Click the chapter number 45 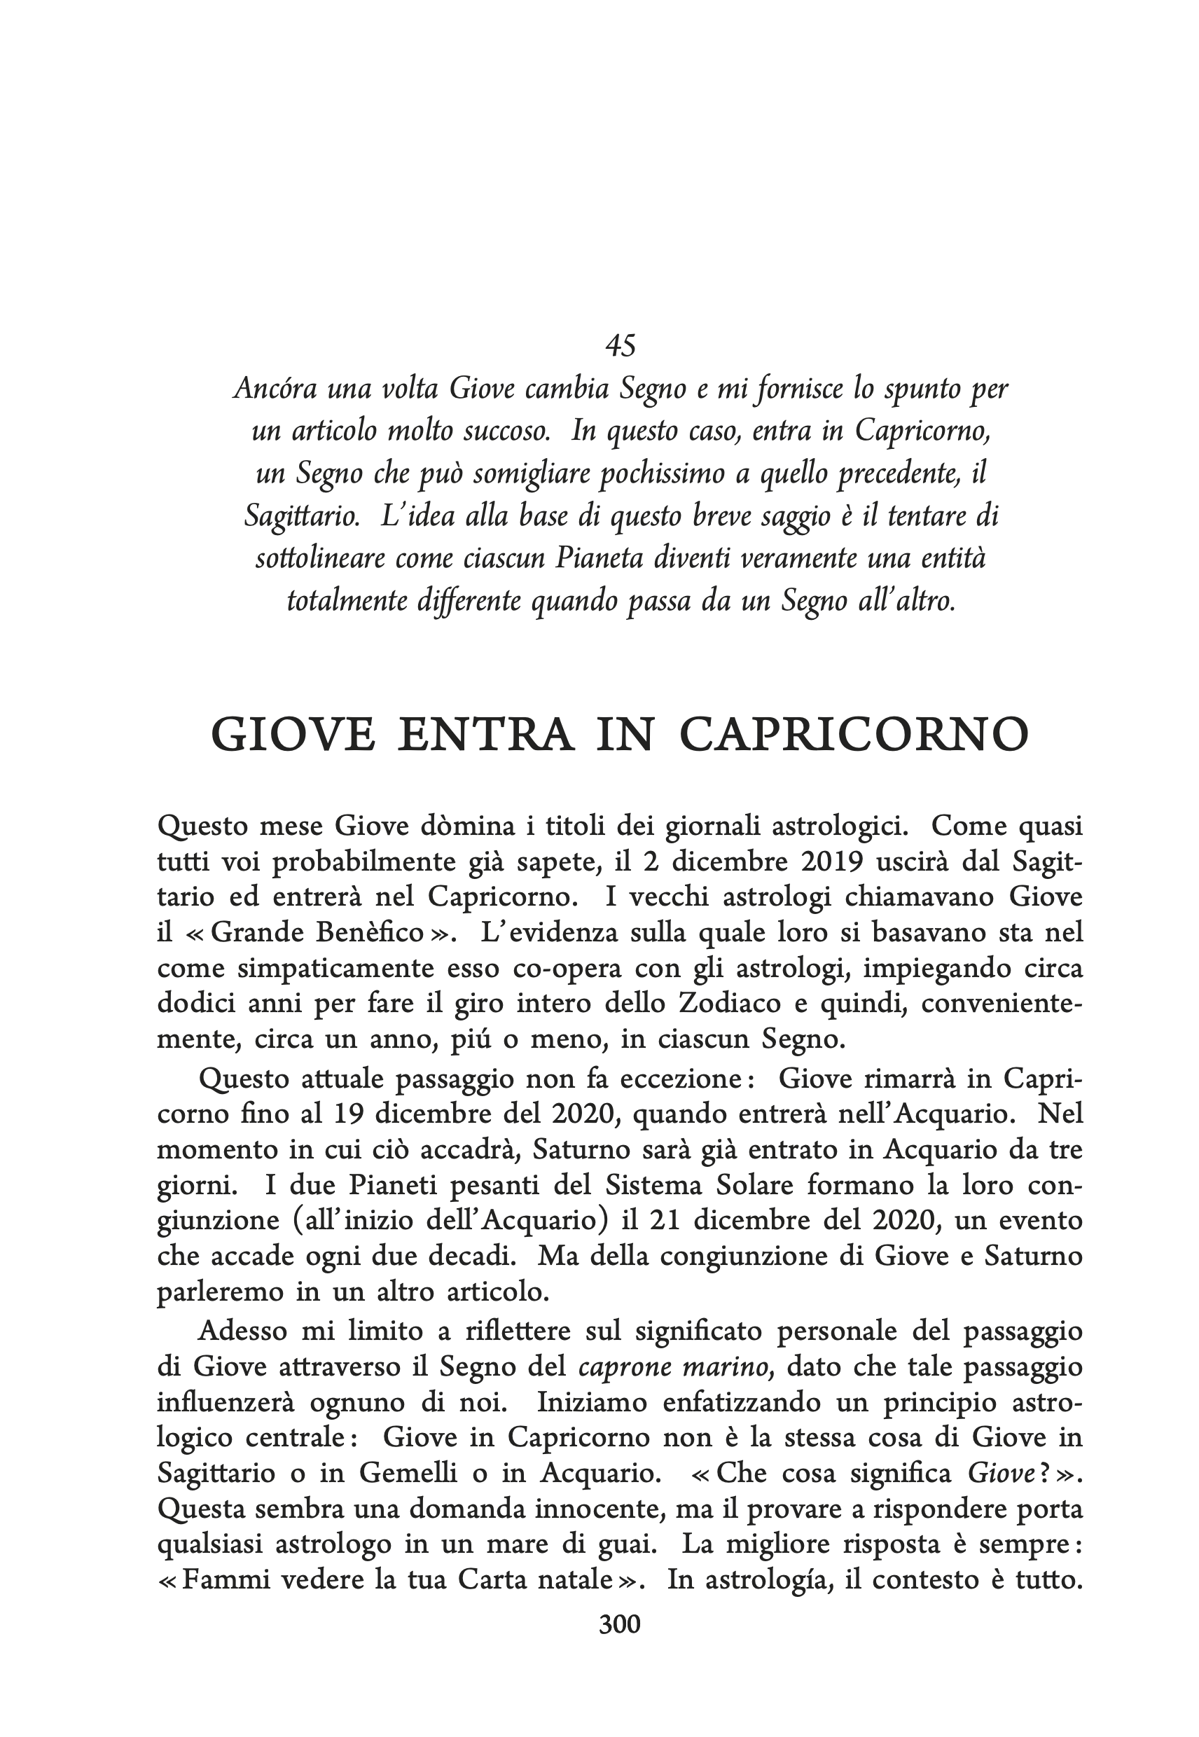point(620,345)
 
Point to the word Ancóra point(273,389)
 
